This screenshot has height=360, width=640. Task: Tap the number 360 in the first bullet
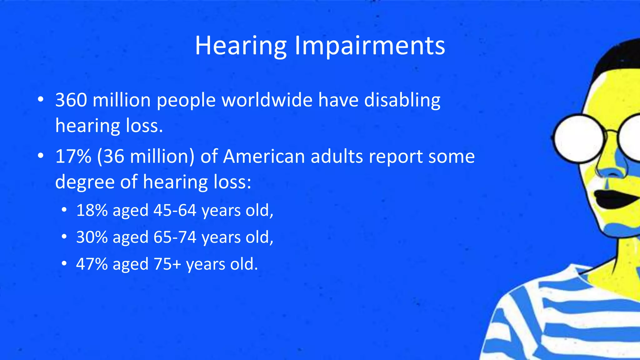pyautogui.click(x=71, y=100)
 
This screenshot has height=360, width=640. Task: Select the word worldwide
pyautogui.click(x=267, y=100)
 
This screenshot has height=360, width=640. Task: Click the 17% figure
pyautogui.click(x=73, y=157)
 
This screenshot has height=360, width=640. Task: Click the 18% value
pyautogui.click(x=92, y=210)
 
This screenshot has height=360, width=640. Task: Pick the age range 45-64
pyautogui.click(x=175, y=210)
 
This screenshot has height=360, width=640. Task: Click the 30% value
pyautogui.click(x=92, y=237)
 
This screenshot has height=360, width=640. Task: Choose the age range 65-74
pyautogui.click(x=175, y=237)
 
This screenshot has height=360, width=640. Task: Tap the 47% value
pyautogui.click(x=92, y=264)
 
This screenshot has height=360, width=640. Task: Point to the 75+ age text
pyautogui.click(x=167, y=264)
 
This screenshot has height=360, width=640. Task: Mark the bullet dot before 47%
pyautogui.click(x=64, y=264)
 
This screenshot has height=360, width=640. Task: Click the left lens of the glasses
pyautogui.click(x=579, y=138)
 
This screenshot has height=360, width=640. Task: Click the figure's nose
pyautogui.click(x=609, y=169)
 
